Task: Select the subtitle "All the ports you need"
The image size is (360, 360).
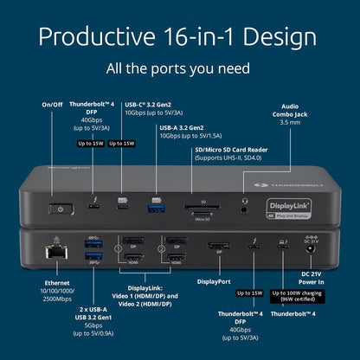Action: [x=180, y=67]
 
